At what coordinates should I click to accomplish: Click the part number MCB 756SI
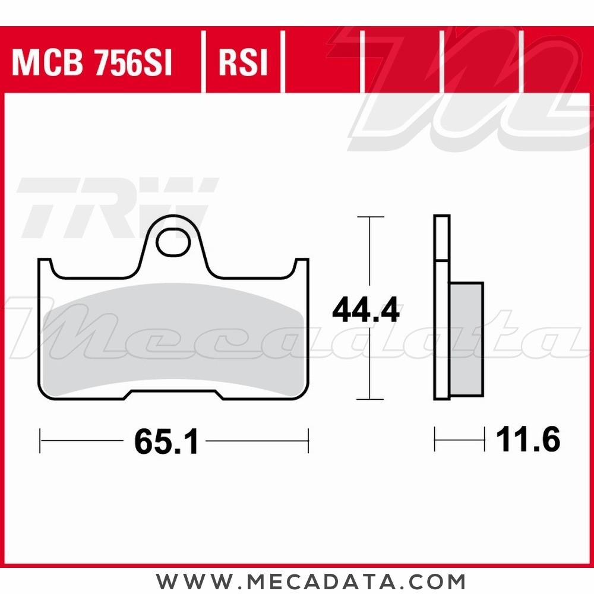click(x=92, y=63)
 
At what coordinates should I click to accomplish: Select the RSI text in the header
click(x=243, y=63)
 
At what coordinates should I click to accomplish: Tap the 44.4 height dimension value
click(x=366, y=311)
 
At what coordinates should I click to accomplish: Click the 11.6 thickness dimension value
click(x=528, y=441)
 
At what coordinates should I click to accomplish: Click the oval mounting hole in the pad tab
click(x=173, y=242)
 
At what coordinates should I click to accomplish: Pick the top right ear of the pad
click(x=302, y=267)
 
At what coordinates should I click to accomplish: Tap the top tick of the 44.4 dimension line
click(x=369, y=217)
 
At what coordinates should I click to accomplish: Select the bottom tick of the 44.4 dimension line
click(x=369, y=399)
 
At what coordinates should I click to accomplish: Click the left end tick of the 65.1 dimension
click(x=40, y=441)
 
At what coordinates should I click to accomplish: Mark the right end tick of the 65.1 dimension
click(x=308, y=441)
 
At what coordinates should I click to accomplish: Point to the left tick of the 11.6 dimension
click(x=435, y=441)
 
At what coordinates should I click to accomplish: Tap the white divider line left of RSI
click(x=203, y=63)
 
